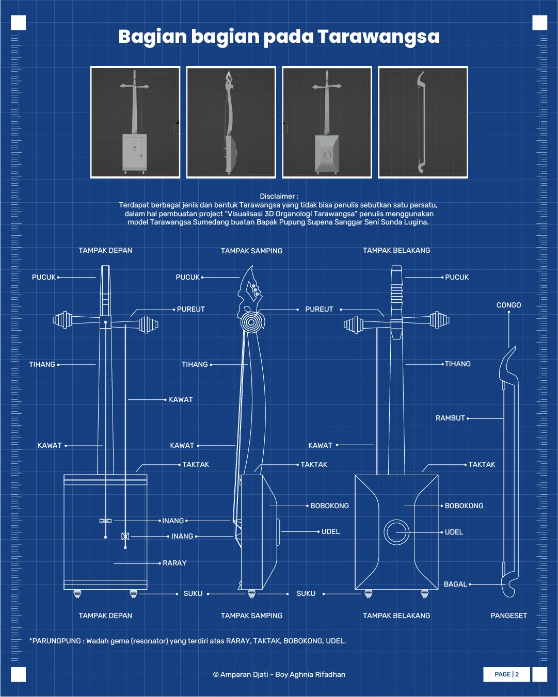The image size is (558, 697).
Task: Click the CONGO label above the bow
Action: click(508, 305)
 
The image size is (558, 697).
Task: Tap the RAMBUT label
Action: click(450, 418)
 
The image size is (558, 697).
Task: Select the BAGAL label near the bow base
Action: click(455, 585)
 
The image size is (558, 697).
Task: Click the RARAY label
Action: click(174, 563)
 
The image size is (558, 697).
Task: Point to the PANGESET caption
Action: click(508, 615)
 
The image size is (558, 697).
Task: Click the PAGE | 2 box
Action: click(506, 674)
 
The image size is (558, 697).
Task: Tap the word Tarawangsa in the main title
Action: click(378, 37)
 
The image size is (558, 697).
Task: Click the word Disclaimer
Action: click(277, 196)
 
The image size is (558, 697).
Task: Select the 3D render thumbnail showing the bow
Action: click(423, 122)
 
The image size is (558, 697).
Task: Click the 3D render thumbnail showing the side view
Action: click(231, 122)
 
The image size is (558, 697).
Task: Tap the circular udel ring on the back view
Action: click(396, 532)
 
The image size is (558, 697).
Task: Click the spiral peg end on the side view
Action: click(251, 322)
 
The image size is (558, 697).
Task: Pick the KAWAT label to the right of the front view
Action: click(181, 400)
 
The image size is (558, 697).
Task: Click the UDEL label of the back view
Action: click(454, 532)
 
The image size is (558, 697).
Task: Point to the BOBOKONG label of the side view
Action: click(329, 506)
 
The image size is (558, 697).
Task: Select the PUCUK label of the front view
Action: click(44, 277)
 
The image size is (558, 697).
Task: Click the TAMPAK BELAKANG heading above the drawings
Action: click(396, 250)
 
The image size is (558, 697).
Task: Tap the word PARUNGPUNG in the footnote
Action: click(57, 641)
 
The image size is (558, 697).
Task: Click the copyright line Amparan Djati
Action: click(279, 674)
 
